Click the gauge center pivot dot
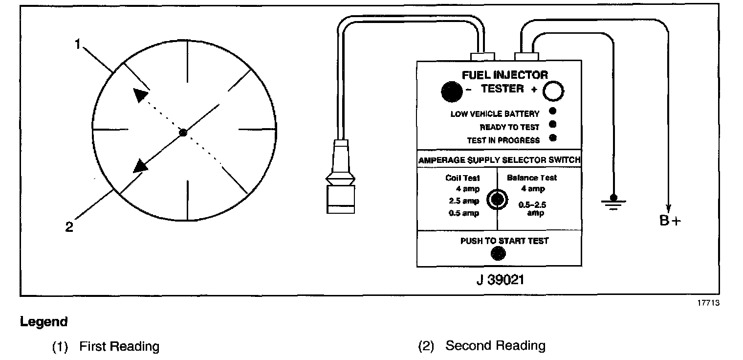coord(183,133)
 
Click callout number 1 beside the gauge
coord(77,45)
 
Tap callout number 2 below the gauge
coord(69,227)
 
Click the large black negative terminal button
coord(452,91)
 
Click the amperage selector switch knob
coord(497,200)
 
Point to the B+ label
coord(670,221)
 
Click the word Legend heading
coord(44,322)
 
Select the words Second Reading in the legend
coord(495,346)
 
